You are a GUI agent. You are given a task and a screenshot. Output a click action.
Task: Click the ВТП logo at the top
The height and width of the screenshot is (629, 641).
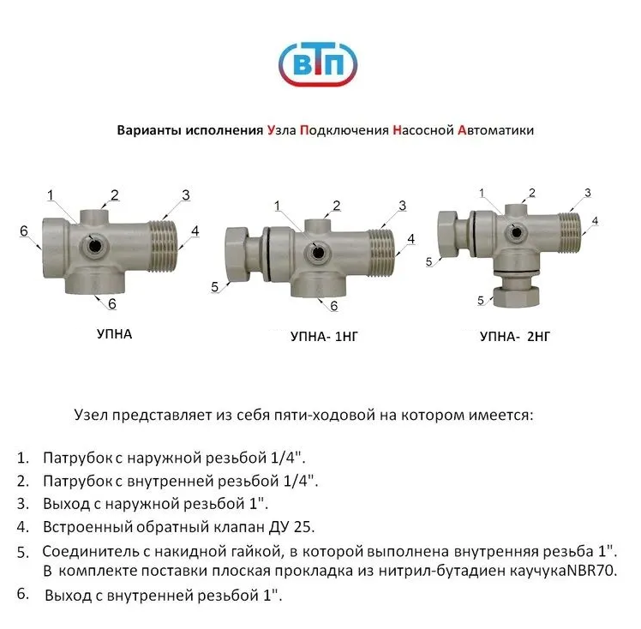tap(318, 63)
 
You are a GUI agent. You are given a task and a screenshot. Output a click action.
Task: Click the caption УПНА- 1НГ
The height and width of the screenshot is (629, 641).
tap(324, 337)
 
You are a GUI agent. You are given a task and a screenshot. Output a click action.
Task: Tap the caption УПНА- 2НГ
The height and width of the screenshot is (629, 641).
tap(515, 337)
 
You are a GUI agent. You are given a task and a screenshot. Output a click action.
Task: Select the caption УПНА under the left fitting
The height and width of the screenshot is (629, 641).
tap(115, 334)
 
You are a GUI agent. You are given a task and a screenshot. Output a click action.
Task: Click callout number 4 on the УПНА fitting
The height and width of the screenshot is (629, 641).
tap(195, 231)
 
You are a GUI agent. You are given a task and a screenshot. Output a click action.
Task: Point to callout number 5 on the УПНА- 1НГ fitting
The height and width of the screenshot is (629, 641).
tap(214, 287)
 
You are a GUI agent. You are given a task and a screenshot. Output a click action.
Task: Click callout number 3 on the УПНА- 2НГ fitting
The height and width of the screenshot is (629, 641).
tap(588, 193)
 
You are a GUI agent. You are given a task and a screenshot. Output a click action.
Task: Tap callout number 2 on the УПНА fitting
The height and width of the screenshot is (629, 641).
tap(115, 195)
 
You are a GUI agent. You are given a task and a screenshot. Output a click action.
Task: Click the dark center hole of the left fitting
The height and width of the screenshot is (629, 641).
tap(95, 246)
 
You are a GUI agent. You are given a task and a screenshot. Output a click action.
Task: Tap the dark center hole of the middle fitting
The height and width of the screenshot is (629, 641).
tap(317, 253)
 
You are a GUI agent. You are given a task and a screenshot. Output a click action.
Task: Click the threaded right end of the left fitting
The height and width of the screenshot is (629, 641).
tap(162, 247)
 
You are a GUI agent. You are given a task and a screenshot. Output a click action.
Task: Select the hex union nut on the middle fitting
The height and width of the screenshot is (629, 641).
tap(237, 254)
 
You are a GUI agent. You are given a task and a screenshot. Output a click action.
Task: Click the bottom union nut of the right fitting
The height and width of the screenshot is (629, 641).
tap(517, 297)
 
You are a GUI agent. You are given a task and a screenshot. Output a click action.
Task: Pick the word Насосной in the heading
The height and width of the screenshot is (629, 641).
tap(423, 130)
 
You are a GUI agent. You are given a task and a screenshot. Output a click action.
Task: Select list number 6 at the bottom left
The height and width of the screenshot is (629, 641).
tap(23, 594)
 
